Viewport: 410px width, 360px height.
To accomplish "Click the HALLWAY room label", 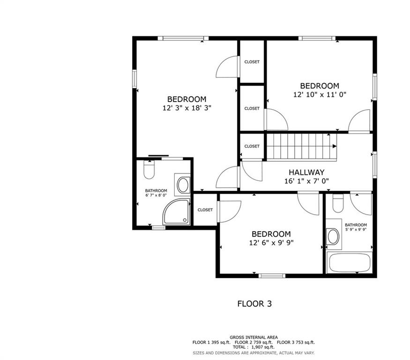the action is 306,172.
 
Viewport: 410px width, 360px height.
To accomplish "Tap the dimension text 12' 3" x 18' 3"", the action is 186,108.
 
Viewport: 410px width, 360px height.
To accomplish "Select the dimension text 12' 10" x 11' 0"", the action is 320,94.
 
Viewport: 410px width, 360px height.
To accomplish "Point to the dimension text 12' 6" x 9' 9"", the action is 271,243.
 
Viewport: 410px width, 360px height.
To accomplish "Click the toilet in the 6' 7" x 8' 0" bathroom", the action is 149,170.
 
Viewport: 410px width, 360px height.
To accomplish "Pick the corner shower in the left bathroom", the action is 177,212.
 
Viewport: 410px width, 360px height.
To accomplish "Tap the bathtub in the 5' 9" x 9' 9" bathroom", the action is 350,262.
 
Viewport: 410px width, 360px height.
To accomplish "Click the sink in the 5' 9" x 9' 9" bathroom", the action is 333,237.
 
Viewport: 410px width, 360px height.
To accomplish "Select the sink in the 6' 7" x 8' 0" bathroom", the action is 183,185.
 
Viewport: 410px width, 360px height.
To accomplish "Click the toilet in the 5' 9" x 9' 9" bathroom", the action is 338,203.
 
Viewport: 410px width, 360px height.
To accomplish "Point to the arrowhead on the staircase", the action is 335,146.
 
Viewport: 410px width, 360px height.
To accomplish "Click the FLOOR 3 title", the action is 254,304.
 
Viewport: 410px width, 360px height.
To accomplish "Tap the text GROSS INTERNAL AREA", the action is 253,337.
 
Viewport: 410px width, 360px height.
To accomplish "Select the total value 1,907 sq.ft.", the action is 263,347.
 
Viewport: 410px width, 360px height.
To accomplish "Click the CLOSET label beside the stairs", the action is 252,146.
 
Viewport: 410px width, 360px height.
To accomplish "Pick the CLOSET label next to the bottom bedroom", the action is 205,210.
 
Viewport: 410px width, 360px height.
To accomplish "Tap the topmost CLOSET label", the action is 252,62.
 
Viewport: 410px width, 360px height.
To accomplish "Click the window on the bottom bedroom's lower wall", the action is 272,276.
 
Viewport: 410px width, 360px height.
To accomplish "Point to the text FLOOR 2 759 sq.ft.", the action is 253,342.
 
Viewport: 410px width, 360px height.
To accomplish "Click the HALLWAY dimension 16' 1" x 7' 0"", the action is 306,181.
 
